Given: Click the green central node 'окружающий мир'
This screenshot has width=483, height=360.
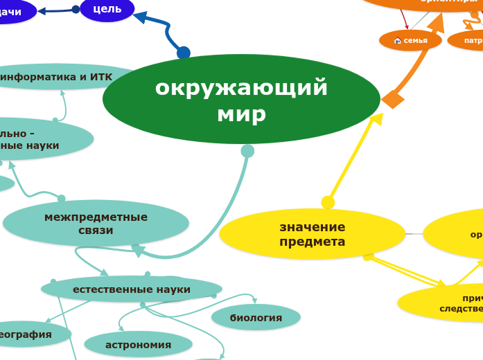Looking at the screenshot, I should coord(241,100).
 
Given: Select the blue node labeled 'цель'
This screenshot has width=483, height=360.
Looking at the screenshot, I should coord(107,9).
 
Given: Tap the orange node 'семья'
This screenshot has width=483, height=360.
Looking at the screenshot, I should coord(410,40).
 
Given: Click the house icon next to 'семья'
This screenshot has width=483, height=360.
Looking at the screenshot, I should coord(398,41).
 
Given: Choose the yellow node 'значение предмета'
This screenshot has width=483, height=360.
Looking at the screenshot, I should coord(312,234).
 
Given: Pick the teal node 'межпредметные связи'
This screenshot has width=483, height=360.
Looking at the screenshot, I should coord(96,223).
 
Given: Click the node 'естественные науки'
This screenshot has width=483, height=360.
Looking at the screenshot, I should coord(132,289).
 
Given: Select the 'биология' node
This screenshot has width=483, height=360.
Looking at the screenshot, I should coord(256,318).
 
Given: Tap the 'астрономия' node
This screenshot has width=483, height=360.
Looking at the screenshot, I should coord(138,344).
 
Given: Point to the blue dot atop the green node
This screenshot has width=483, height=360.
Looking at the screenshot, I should coord(184,53).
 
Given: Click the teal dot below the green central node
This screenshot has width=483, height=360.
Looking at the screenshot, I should coord(247,151).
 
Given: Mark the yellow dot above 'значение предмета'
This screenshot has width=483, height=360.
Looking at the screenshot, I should coord(328,202).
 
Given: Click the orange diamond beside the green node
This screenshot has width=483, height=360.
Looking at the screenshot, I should coord(393,99).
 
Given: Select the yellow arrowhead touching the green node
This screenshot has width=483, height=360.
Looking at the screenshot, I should coord(376,119).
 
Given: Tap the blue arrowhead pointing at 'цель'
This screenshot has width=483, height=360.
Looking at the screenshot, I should coord(140,17).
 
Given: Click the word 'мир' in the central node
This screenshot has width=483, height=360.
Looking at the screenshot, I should coord(241,114).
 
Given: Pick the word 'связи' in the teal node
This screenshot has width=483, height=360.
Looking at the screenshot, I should coord(96,230).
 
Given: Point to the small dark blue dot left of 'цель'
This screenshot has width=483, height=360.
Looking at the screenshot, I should coord(76,10).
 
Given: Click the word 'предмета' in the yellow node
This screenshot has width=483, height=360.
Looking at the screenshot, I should coord(312,242).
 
